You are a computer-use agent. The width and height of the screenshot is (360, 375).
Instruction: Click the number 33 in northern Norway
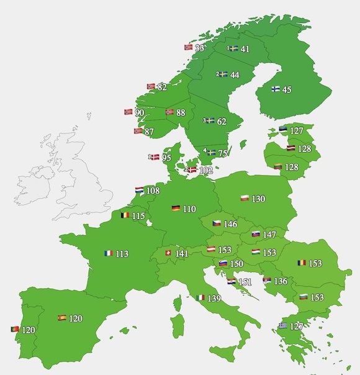coord(200,47)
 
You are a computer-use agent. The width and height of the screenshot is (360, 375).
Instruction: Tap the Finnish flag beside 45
coord(275,89)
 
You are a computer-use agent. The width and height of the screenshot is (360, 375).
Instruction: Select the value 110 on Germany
coord(189,209)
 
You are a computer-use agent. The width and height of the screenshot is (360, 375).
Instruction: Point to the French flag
coord(109,253)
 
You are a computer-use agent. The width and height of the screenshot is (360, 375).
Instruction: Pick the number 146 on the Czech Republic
coord(230,224)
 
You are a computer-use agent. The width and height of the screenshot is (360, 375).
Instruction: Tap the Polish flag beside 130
coord(244,199)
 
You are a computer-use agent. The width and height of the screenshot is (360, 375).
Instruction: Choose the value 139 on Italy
coord(214,299)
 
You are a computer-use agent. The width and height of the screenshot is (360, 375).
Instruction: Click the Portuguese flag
coord(14,329)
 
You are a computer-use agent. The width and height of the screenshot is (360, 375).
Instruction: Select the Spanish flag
coord(62,318)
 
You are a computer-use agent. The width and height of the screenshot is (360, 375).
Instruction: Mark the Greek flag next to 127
coord(282,325)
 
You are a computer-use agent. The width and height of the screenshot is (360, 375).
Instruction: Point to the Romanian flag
coord(302,263)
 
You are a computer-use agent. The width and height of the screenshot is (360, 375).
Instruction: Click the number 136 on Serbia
coord(281,281)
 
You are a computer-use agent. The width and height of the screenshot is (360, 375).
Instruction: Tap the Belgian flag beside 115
coord(125,215)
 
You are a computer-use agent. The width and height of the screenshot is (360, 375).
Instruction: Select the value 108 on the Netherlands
coord(153,191)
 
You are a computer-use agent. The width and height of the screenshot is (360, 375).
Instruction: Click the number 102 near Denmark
coord(205,169)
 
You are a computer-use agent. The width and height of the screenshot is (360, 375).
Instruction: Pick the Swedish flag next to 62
coord(210,120)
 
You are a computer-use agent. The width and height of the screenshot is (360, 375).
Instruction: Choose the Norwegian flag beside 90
coord(128,112)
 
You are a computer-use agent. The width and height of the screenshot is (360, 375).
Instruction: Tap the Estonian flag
coord(282,130)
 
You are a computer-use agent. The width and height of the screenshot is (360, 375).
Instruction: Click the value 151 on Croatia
coord(246,282)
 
